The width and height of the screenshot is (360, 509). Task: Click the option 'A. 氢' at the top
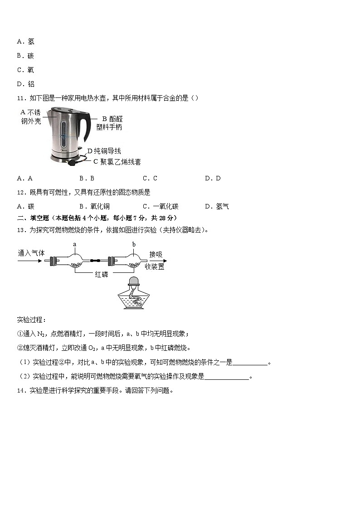[25, 42]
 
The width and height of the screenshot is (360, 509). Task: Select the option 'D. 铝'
[25, 84]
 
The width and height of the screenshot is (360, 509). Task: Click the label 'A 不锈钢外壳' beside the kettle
[31, 116]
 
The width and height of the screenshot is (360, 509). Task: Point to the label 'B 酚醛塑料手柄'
[109, 123]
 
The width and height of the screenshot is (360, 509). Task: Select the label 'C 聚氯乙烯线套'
[117, 161]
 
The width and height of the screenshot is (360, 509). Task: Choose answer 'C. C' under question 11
[150, 178]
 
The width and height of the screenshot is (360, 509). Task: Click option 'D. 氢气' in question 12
[217, 206]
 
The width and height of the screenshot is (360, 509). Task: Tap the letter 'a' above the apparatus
[75, 244]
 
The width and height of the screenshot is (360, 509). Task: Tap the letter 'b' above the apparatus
[134, 244]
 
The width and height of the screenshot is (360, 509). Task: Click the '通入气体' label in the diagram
[31, 253]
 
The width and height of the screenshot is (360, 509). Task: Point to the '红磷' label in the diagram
[102, 274]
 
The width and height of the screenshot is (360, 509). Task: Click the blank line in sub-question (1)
[250, 363]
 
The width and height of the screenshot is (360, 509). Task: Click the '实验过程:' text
[31, 320]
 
